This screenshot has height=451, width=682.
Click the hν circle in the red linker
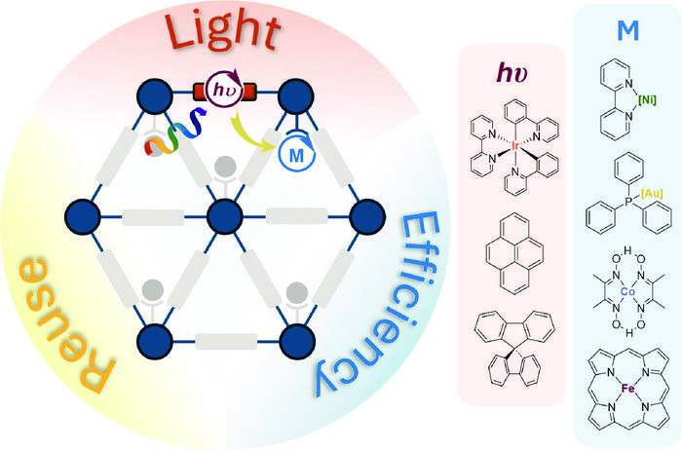(x=220, y=94)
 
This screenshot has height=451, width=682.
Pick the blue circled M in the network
(x=294, y=154)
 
